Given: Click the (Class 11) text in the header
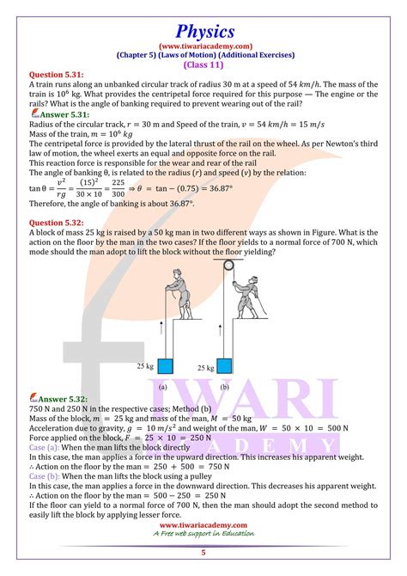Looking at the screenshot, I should pos(203,61).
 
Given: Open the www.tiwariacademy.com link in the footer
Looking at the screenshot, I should pos(203,524).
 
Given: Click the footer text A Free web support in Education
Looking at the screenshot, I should pos(203,535).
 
